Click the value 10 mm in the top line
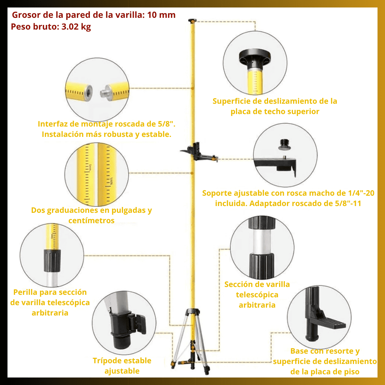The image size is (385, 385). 161,15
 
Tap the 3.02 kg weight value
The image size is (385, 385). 76,26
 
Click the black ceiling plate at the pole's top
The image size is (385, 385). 192,20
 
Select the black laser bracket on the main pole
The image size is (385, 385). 199,152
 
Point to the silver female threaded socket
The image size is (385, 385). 88,93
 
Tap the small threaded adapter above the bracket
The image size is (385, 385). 284,145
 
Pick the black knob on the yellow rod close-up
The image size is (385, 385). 52,261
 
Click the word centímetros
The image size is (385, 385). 91,221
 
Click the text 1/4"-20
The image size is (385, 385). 361,193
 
